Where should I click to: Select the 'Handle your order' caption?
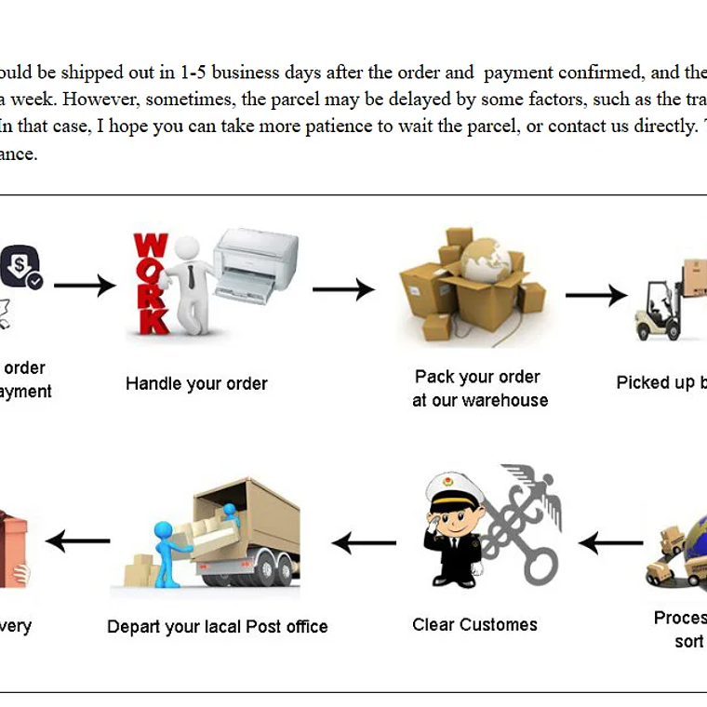196,383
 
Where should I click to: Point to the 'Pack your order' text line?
477,377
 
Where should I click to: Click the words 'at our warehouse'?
480,401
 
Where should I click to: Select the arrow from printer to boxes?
343,290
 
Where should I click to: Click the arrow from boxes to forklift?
595,296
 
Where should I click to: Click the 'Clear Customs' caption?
474,624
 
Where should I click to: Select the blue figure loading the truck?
169,549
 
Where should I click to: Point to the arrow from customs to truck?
364,542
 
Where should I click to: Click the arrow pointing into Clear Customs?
610,542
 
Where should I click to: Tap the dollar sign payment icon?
20,265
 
